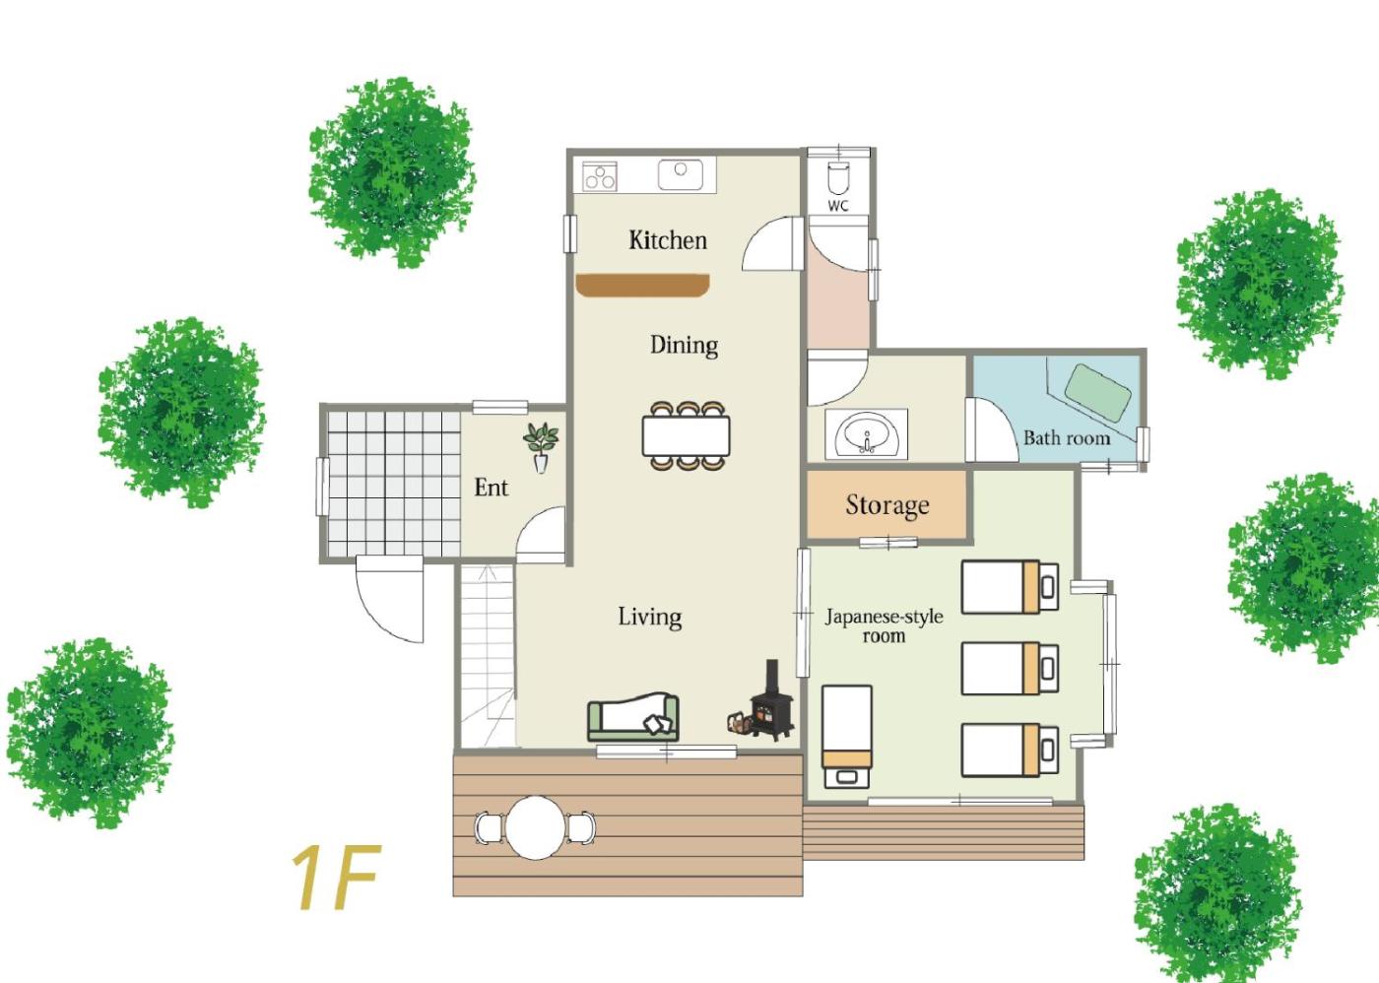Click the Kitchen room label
pyautogui.click(x=668, y=240)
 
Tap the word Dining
pyautogui.click(x=684, y=345)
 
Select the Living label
pyautogui.click(x=650, y=617)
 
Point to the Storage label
pyautogui.click(x=887, y=505)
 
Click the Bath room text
pyautogui.click(x=1067, y=438)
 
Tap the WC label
pyautogui.click(x=838, y=206)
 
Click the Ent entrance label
pyautogui.click(x=491, y=488)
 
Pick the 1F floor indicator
pyautogui.click(x=336, y=878)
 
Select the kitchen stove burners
pyautogui.click(x=600, y=176)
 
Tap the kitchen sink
pyautogui.click(x=681, y=174)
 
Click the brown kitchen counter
pyautogui.click(x=642, y=286)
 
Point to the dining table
pyautogui.click(x=686, y=435)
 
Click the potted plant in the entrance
pyautogui.click(x=541, y=447)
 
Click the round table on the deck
pyautogui.click(x=536, y=828)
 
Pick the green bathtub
pyautogui.click(x=1098, y=392)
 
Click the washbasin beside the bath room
pyautogui.click(x=867, y=434)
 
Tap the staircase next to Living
pyautogui.click(x=488, y=656)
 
